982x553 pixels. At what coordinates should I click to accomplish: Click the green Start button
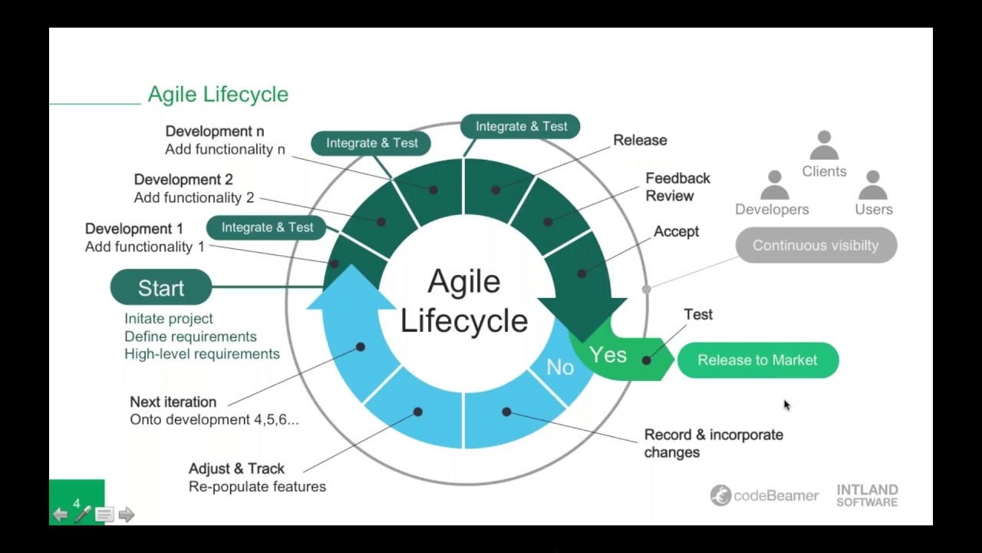pyautogui.click(x=161, y=288)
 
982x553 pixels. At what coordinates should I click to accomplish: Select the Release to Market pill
pyautogui.click(x=757, y=360)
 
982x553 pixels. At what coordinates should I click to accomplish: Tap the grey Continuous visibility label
pyautogui.click(x=816, y=246)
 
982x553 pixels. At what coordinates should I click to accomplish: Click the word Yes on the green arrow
pyautogui.click(x=608, y=355)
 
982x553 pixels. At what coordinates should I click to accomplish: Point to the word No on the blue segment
pyautogui.click(x=560, y=368)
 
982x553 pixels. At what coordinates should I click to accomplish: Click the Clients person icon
pyautogui.click(x=824, y=145)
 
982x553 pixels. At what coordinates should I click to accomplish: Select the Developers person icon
pyautogui.click(x=774, y=185)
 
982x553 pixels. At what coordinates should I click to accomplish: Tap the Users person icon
pyautogui.click(x=872, y=185)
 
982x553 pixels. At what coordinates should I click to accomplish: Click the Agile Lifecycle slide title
pyautogui.click(x=218, y=94)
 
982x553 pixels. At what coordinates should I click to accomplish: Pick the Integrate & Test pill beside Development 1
pyautogui.click(x=267, y=227)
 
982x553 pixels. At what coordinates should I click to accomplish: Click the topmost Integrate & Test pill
pyautogui.click(x=521, y=126)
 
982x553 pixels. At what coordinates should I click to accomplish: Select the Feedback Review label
pyautogui.click(x=677, y=187)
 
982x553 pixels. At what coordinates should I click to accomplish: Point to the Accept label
pyautogui.click(x=676, y=231)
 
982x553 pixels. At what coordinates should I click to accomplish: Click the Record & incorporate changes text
pyautogui.click(x=713, y=443)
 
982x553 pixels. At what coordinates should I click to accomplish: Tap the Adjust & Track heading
pyautogui.click(x=236, y=469)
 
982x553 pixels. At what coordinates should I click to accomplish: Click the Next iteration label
pyautogui.click(x=173, y=402)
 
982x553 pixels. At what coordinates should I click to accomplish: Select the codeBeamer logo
pyautogui.click(x=764, y=495)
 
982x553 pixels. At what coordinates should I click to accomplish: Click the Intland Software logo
pyautogui.click(x=867, y=495)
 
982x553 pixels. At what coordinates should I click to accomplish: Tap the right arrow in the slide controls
pyautogui.click(x=127, y=515)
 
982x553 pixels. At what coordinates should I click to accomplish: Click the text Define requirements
pyautogui.click(x=190, y=336)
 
